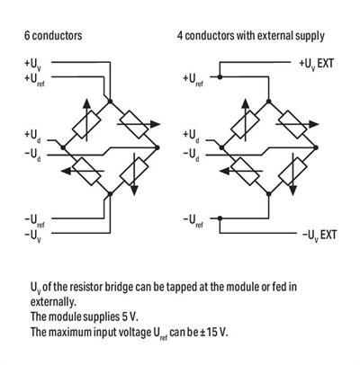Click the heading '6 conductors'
coord(54,36)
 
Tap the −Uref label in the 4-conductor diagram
coord(193,219)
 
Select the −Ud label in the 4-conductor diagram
coord(193,153)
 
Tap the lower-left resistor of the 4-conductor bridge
coord(244,168)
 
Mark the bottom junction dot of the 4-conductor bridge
coord(267,190)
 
